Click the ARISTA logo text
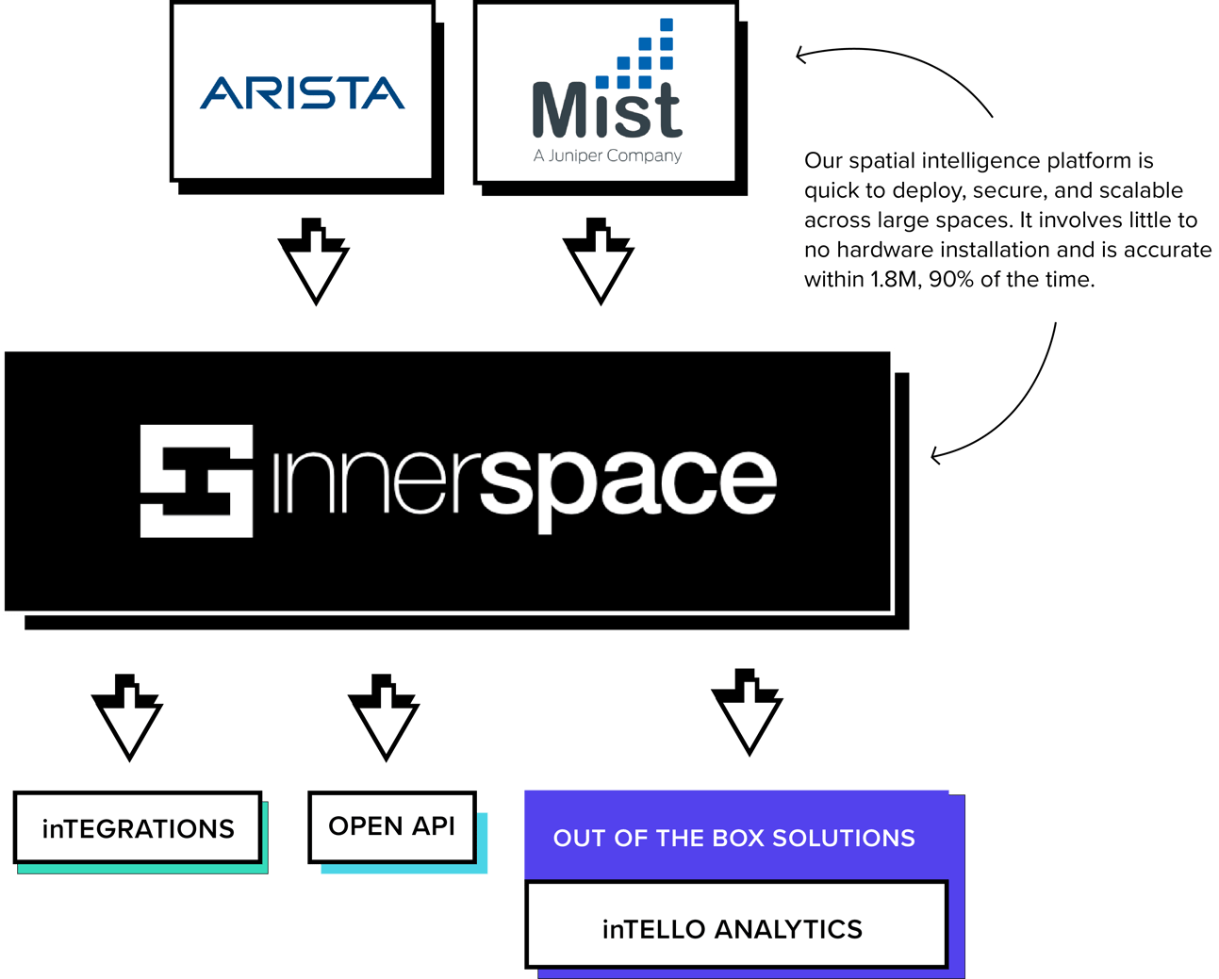[x=302, y=93]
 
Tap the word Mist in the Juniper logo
[x=606, y=111]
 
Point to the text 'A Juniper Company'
[x=607, y=155]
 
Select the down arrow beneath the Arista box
[x=314, y=264]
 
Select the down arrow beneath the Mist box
[x=599, y=264]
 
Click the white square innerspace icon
[x=196, y=481]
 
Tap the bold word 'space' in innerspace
[x=629, y=481]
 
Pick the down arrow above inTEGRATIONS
[x=127, y=719]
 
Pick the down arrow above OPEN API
[x=384, y=719]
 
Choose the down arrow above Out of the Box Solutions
[x=747, y=714]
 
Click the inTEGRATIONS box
[x=138, y=828]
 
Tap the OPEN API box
[x=392, y=826]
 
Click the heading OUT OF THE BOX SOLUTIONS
[x=733, y=838]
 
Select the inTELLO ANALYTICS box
[x=733, y=928]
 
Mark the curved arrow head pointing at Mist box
[x=801, y=55]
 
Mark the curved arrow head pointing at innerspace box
[x=935, y=456]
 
